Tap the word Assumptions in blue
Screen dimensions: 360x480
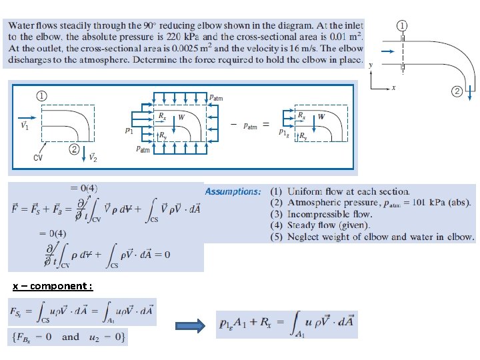[x=233, y=192]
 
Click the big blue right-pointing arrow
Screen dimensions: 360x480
[x=190, y=325]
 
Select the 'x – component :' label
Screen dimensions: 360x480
[x=53, y=286]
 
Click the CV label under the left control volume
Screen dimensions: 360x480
[x=39, y=158]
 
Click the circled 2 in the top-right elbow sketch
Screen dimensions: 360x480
[x=457, y=91]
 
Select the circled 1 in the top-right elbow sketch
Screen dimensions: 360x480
[x=403, y=25]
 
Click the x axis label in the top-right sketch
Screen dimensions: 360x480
[x=394, y=87]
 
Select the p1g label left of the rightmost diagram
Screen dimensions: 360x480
[x=284, y=133]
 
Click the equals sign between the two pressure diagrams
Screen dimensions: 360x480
[x=265, y=125]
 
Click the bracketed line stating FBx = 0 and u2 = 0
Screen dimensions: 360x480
[x=67, y=337]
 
